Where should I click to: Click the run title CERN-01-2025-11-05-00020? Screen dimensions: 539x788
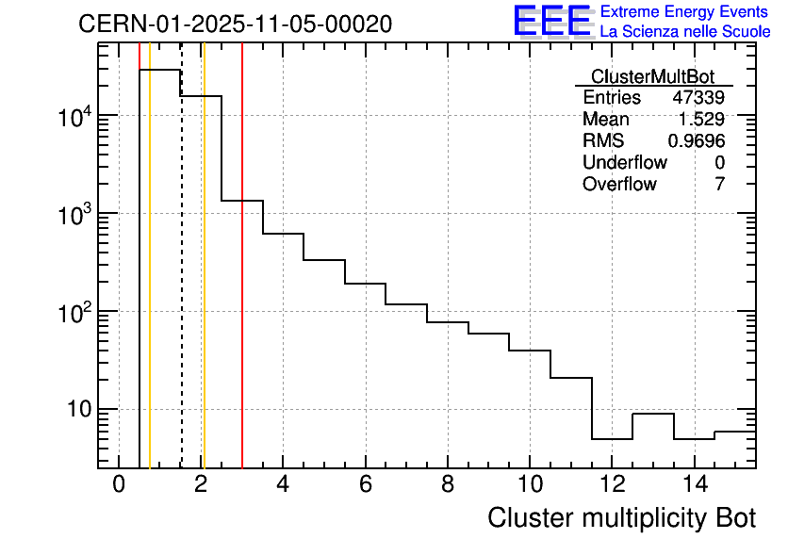[235, 24]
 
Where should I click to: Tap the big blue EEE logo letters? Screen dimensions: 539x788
[552, 21]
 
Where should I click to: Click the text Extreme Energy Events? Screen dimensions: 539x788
[685, 11]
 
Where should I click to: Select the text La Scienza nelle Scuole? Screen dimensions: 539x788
[685, 31]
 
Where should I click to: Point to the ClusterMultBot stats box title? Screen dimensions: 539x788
[652, 76]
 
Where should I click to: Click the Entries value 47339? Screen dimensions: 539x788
[698, 98]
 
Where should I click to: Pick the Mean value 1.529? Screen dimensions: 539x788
[702, 120]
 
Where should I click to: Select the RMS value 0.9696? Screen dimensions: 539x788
[697, 141]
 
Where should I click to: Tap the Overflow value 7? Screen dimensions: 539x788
[719, 185]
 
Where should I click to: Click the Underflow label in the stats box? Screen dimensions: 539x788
[625, 163]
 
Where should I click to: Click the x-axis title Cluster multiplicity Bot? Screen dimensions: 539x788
[621, 518]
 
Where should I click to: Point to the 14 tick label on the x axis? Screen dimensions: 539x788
[694, 485]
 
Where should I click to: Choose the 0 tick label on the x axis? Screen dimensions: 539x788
[119, 485]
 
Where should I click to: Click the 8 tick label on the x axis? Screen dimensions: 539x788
[447, 485]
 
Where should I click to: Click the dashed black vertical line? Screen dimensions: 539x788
[181, 283]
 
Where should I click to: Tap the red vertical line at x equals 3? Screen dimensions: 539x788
[242, 283]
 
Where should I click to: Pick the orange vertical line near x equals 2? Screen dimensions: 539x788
[204, 283]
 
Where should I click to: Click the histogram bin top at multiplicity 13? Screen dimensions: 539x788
[652, 414]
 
